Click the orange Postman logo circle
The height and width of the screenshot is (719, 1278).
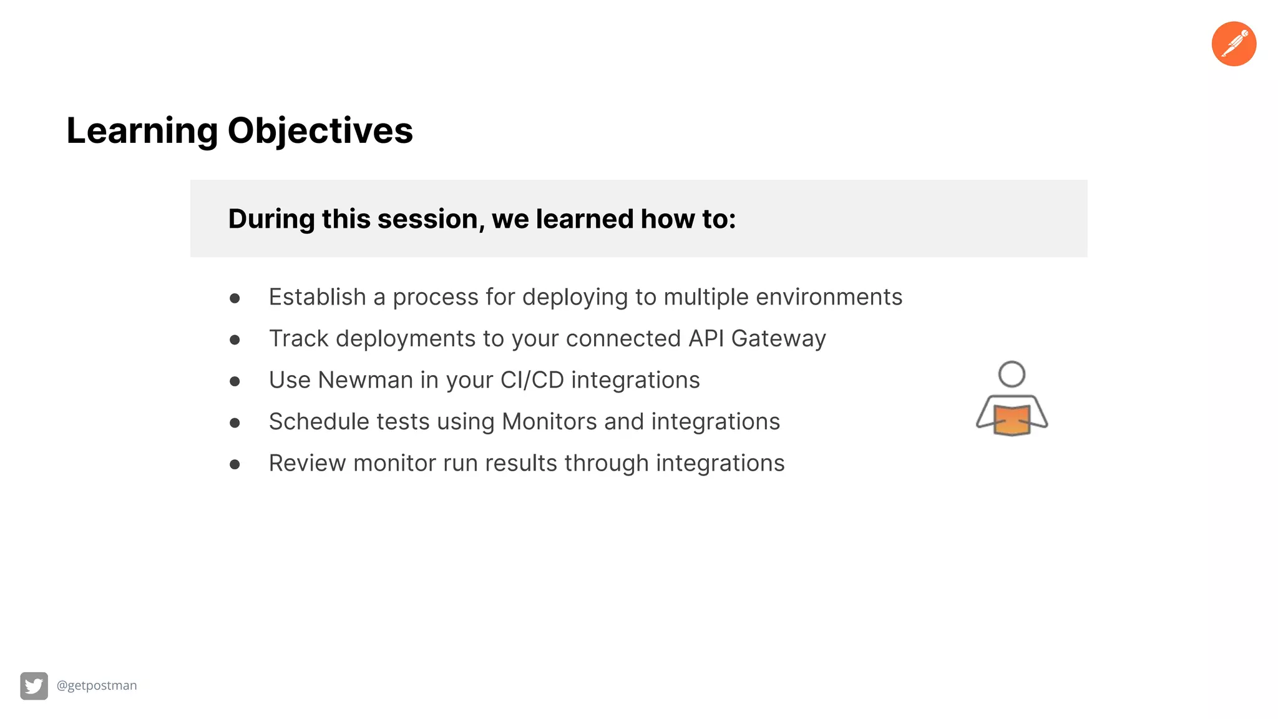pyautogui.click(x=1234, y=44)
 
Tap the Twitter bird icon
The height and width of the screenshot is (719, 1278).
pyautogui.click(x=34, y=686)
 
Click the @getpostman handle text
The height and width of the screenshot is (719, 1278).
pyautogui.click(x=97, y=685)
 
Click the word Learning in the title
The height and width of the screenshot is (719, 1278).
pyautogui.click(x=142, y=131)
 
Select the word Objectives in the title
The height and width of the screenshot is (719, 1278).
pyautogui.click(x=320, y=131)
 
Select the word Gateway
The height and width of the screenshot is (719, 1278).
pyautogui.click(x=778, y=338)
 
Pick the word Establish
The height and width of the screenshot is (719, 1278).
pyautogui.click(x=317, y=297)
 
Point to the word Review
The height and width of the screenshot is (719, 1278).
pyautogui.click(x=307, y=463)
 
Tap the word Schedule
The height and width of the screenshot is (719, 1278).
pyautogui.click(x=318, y=422)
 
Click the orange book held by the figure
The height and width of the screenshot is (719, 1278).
pyautogui.click(x=1012, y=420)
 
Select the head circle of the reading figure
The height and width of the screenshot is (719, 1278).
pyautogui.click(x=1012, y=374)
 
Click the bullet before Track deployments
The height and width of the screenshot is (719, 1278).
pyautogui.click(x=235, y=340)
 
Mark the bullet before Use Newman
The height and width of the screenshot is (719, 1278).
pyautogui.click(x=235, y=381)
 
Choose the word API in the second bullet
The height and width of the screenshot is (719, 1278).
pyautogui.click(x=706, y=338)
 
